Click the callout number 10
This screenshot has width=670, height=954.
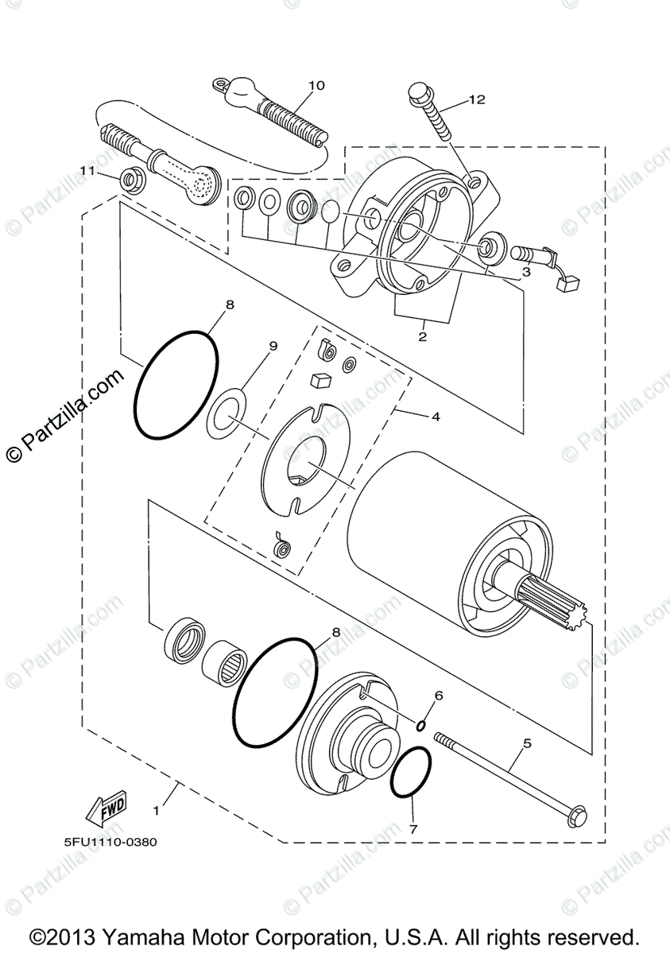pos(316,85)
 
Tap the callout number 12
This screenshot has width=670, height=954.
pos(476,99)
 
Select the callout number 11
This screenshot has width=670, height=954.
pos(87,170)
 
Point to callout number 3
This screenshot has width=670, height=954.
pos(525,271)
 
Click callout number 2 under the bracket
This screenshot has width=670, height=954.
pos(422,336)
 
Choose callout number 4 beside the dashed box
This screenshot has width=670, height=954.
pos(435,416)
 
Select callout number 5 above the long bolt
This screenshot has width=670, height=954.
pos(525,745)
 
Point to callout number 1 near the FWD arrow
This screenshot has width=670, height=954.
pos(156,811)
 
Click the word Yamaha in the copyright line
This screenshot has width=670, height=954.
pos(165,935)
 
